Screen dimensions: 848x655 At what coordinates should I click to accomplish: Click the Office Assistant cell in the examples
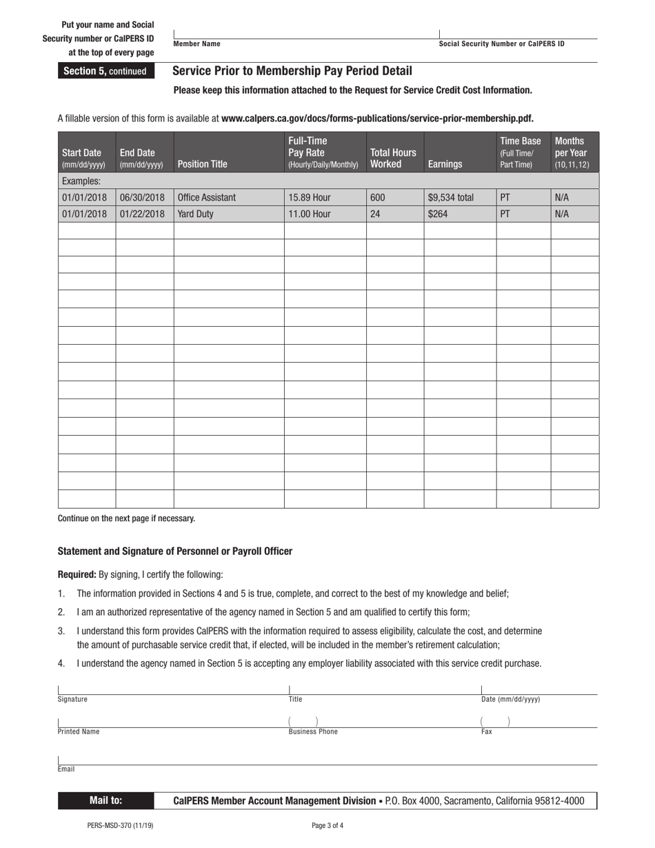click(207, 197)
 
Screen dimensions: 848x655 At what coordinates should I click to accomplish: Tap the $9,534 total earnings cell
click(451, 197)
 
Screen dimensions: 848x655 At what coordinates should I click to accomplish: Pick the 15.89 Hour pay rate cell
click(310, 197)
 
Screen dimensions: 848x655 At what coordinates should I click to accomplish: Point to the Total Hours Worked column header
click(393, 158)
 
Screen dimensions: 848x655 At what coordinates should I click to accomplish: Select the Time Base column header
click(521, 152)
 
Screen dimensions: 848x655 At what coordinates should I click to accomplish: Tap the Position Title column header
click(202, 164)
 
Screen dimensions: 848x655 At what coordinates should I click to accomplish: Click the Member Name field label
click(197, 44)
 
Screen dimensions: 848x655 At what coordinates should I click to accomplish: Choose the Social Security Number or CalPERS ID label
click(501, 44)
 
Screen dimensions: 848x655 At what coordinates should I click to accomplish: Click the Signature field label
click(72, 699)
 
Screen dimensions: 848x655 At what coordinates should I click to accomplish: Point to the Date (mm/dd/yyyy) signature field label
click(510, 699)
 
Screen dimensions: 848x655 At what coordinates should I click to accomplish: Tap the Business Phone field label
click(313, 732)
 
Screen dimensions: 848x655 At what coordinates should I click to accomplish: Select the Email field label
click(66, 769)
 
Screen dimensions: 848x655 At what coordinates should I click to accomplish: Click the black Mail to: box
click(105, 800)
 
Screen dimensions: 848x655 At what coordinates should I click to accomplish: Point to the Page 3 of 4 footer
click(327, 825)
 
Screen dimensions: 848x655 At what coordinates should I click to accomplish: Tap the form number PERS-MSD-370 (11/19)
click(121, 825)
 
